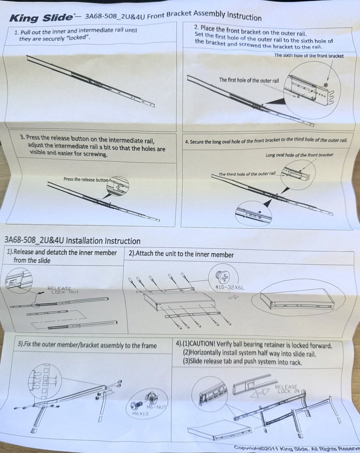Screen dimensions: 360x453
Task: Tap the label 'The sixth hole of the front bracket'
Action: pos(309,55)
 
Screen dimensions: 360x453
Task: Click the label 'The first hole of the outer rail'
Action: pos(248,80)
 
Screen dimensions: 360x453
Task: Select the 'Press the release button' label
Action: pos(86,179)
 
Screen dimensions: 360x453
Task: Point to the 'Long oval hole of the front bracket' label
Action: pos(299,155)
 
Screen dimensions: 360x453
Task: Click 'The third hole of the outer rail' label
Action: pos(247,174)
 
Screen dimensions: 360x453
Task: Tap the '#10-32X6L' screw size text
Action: pos(230,288)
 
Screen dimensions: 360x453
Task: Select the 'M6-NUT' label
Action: pos(156,407)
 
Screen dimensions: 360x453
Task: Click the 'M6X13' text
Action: pos(140,414)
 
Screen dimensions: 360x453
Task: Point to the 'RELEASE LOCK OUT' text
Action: pos(63,290)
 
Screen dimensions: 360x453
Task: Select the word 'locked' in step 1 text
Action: pos(76,38)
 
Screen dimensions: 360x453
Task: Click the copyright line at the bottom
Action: pos(297,448)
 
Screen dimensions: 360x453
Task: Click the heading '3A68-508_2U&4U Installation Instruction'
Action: pos(72,241)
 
